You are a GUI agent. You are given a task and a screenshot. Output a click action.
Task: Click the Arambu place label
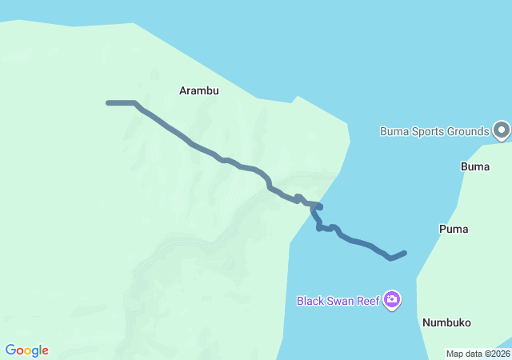[198, 91]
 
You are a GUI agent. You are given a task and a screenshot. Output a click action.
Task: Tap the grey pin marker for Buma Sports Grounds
[502, 130]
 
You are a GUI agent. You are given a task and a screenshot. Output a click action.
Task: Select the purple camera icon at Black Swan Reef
[391, 300]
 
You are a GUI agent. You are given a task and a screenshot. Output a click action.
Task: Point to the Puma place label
[454, 229]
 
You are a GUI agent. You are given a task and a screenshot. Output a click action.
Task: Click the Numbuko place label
[446, 322]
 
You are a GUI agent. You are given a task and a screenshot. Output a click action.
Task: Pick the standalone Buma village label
[475, 166]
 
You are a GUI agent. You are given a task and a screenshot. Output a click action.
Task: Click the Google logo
[26, 350]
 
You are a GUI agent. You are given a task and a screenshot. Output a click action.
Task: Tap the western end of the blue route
[109, 102]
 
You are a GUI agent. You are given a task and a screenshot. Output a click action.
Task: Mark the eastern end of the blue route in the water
[405, 253]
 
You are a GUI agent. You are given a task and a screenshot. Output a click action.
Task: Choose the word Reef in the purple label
[370, 302]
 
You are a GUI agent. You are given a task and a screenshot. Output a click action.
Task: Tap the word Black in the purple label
[311, 302]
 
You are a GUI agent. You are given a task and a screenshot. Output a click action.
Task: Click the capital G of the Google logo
[10, 350]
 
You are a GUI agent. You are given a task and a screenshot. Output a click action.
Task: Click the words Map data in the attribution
[463, 354]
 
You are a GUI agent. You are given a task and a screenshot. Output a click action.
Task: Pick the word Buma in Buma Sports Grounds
[394, 131]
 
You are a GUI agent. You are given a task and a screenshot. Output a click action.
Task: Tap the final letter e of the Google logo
[45, 351]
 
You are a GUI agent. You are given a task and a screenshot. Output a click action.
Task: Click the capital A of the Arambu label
[183, 91]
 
